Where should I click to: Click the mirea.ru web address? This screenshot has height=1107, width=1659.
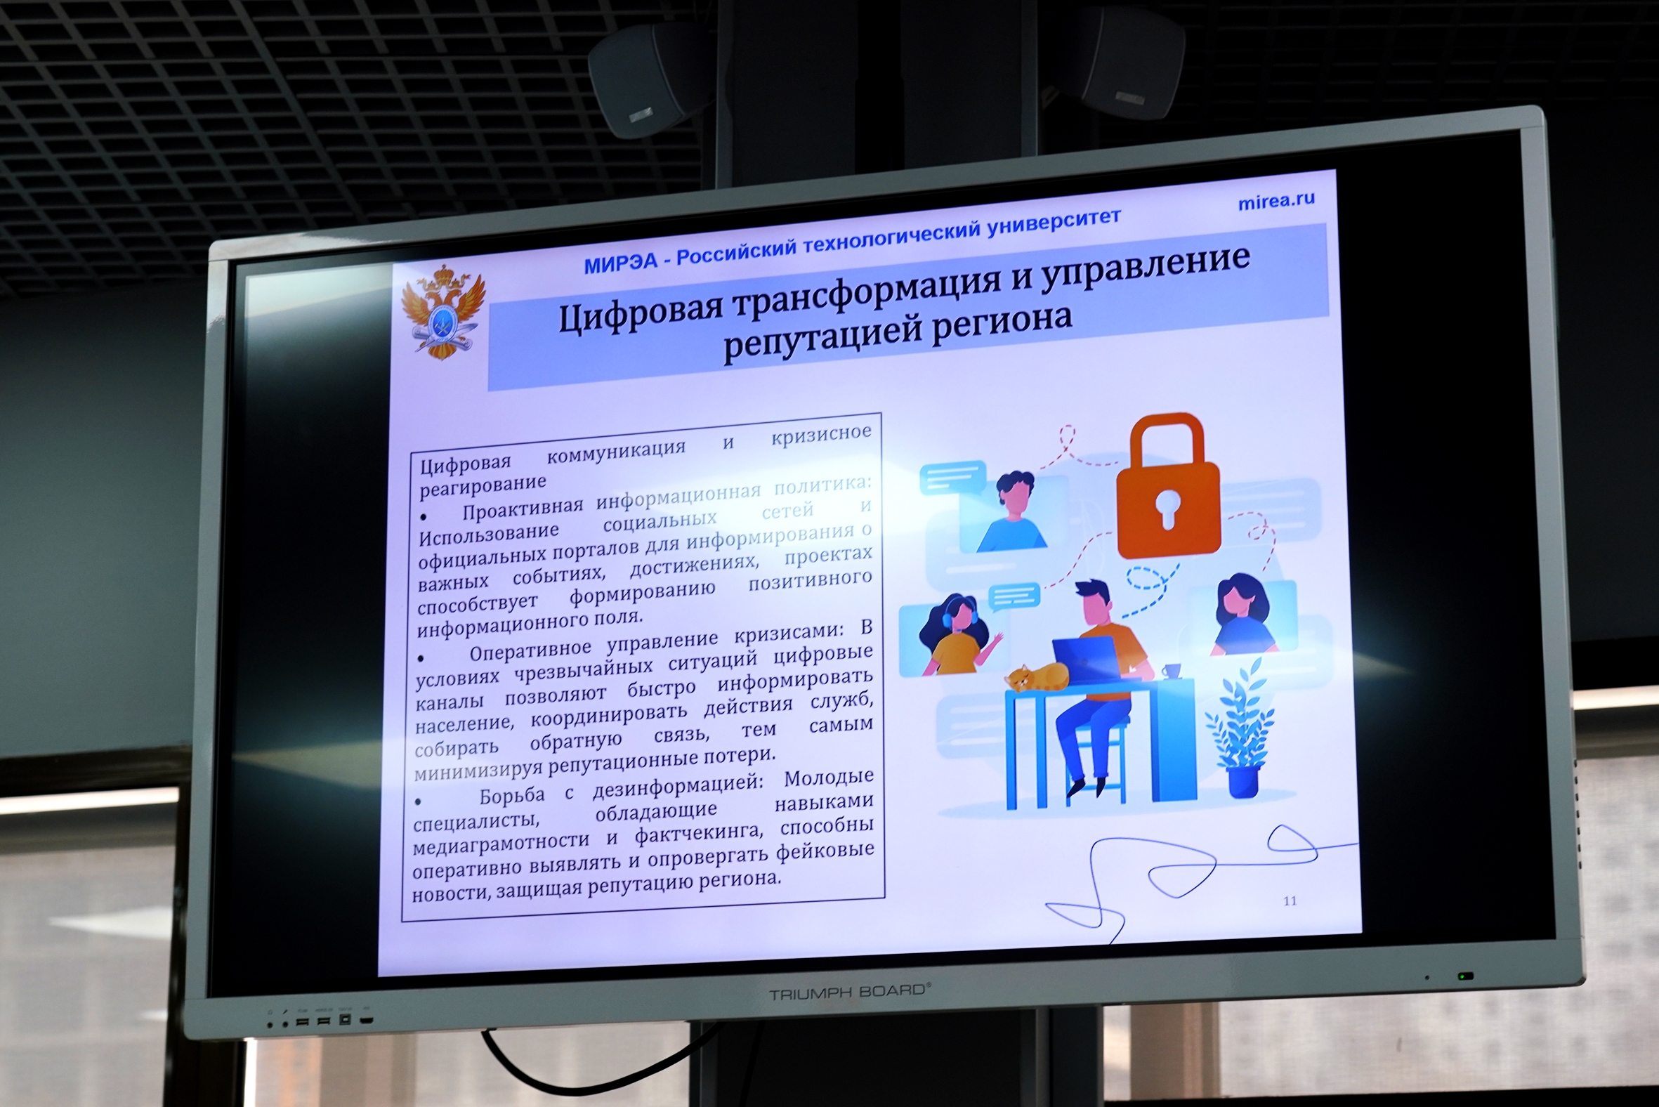[1276, 201]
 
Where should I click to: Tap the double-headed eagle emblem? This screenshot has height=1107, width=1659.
[443, 310]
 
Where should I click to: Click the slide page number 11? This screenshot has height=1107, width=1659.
[1290, 901]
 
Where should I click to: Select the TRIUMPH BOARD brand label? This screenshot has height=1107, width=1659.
[849, 992]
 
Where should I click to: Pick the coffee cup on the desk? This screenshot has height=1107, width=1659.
[1171, 670]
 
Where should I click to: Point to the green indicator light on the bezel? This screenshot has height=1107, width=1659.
[1466, 976]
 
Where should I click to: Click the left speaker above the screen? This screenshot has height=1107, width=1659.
[650, 77]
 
